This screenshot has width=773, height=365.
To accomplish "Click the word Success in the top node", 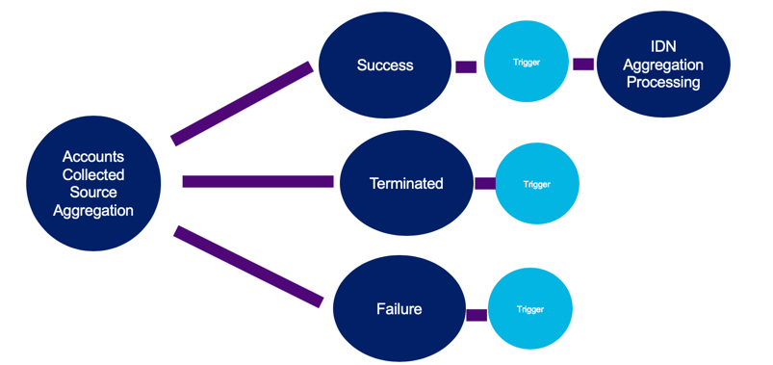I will point(385,65).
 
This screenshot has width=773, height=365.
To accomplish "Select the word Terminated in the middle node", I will point(406,183).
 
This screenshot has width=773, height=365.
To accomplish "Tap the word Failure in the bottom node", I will point(399,309).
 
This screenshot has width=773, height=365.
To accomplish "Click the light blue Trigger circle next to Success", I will point(526,63).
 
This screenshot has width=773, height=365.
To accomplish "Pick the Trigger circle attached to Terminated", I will point(536,184).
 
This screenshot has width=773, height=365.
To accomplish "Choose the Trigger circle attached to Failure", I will point(530,309).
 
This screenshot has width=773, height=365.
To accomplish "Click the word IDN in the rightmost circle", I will point(662,47).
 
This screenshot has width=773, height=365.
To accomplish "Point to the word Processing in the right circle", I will point(662,83).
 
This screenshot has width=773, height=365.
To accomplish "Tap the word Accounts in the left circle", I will point(93,157).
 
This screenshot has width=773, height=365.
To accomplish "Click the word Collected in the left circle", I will point(93,175).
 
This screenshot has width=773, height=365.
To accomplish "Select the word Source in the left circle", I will point(93,193).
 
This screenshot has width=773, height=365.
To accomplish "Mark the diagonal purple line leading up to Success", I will point(243,104).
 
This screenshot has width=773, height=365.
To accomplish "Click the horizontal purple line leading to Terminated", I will point(258,181).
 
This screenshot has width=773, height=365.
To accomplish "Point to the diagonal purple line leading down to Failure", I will point(248,267).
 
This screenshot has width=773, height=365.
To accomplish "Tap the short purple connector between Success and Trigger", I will point(466,67).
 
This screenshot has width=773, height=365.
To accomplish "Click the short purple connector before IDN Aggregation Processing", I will point(583,65).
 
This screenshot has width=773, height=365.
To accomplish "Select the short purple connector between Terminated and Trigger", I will point(485,183).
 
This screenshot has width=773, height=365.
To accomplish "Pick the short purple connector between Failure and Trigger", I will point(477,314).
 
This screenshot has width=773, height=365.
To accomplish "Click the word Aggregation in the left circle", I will point(93,211).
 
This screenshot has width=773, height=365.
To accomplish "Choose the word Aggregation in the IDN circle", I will point(662,65).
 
